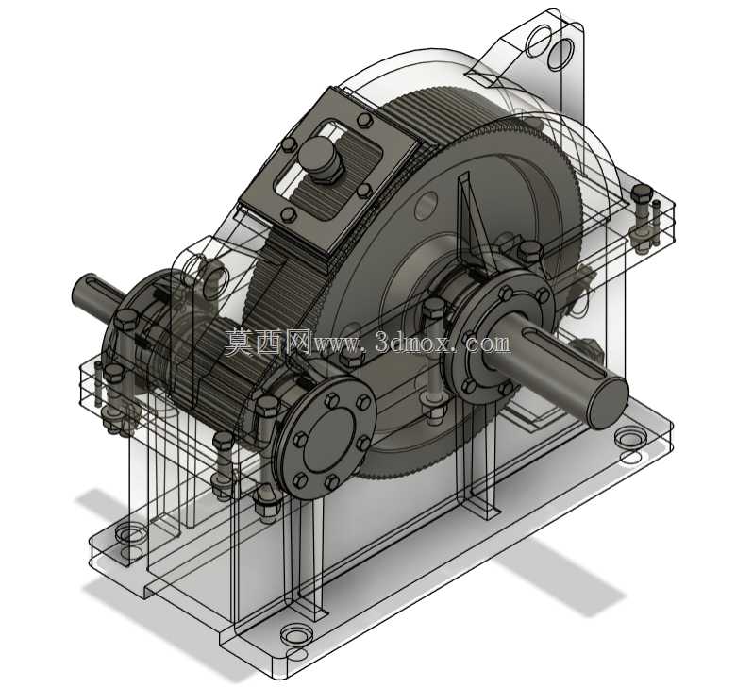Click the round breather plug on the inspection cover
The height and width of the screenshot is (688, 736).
(x=320, y=159)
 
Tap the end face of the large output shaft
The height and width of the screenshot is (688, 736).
(x=609, y=403)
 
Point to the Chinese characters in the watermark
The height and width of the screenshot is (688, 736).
(x=268, y=342)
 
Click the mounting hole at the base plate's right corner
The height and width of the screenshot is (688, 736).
(x=630, y=439)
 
